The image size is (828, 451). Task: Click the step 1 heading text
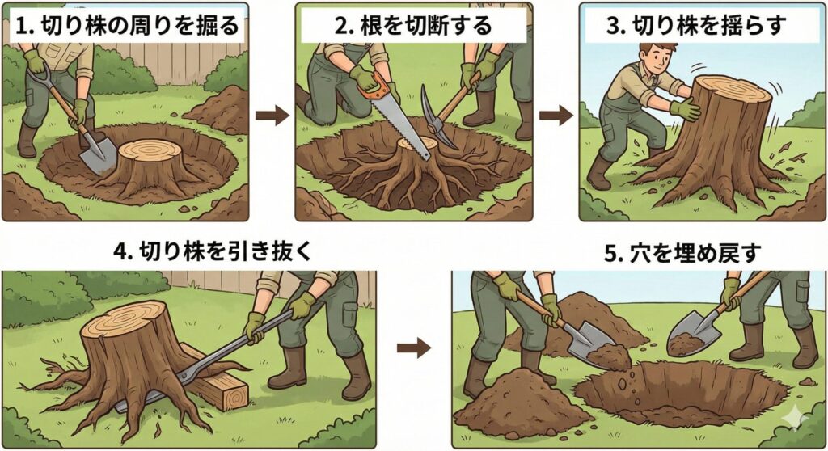click(x=127, y=25)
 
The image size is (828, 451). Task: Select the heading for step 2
click(x=413, y=25)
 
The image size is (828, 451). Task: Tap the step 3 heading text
click(x=696, y=25)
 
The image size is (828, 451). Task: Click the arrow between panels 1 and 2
click(x=272, y=115)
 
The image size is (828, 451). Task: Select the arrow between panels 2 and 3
click(x=556, y=115)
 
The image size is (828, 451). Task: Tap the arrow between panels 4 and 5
click(x=414, y=348)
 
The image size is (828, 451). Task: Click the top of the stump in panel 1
click(x=150, y=150)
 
